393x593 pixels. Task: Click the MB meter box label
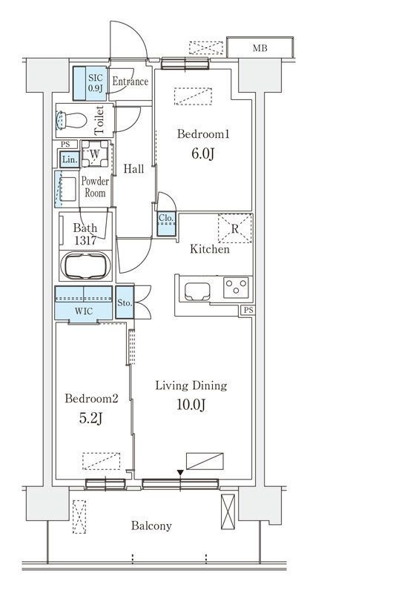(260, 48)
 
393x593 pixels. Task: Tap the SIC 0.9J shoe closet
(90, 83)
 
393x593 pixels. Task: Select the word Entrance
(130, 82)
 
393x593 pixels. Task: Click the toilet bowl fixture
(71, 121)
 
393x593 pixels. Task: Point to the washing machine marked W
(95, 154)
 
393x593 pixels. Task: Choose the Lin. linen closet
(70, 159)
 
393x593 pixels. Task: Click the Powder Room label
(95, 187)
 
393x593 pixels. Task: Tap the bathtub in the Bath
(85, 266)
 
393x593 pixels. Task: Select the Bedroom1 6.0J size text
(203, 153)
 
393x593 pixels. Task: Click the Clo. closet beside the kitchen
(166, 225)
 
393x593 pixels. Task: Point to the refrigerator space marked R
(235, 228)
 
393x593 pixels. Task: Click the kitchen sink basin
(197, 291)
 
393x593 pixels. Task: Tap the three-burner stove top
(236, 288)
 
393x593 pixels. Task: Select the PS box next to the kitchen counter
(248, 310)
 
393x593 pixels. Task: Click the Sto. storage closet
(125, 302)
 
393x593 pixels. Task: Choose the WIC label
(84, 311)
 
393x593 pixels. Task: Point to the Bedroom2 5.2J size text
(91, 418)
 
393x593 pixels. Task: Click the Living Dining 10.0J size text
(191, 405)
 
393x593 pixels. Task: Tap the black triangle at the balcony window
(180, 473)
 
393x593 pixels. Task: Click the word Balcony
(151, 526)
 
